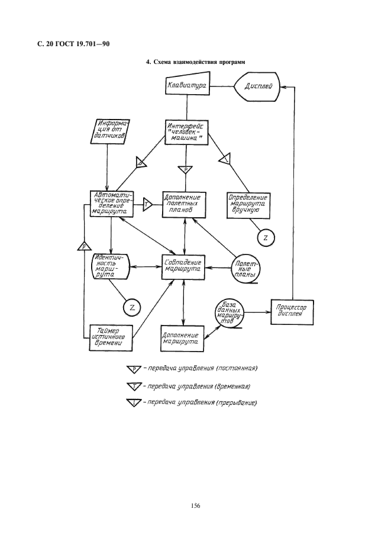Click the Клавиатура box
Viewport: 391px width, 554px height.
pyautogui.click(x=187, y=86)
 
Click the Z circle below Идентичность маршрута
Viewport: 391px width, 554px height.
pyautogui.click(x=131, y=307)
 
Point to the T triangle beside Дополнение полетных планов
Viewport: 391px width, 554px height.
pyautogui.click(x=147, y=204)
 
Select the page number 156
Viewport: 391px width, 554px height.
pyautogui.click(x=196, y=505)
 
